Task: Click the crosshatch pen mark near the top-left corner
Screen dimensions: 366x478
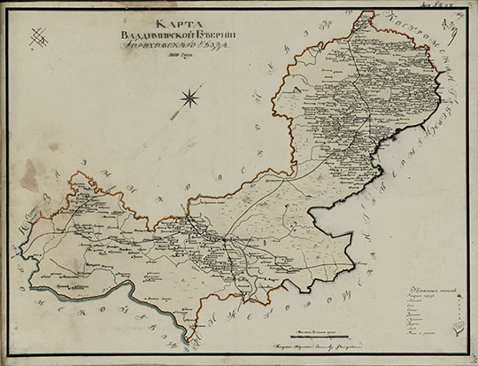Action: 37,37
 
